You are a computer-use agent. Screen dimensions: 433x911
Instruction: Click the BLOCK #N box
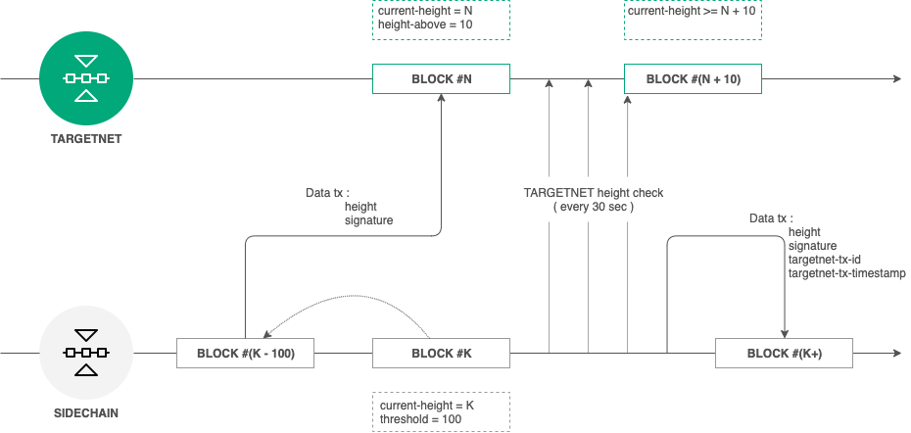(441, 78)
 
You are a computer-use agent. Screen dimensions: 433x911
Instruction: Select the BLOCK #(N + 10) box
(693, 78)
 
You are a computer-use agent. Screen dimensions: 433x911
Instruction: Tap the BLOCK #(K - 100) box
(245, 353)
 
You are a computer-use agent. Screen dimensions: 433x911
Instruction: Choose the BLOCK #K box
(441, 353)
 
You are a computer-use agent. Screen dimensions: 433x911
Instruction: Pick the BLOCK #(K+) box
(784, 353)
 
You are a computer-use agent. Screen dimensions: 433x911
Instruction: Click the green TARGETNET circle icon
(85, 78)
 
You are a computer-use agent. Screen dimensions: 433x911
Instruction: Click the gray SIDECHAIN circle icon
(85, 352)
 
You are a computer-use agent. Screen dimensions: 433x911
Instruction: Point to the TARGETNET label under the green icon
(86, 139)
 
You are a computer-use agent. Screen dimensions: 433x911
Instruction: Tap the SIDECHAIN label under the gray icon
(86, 412)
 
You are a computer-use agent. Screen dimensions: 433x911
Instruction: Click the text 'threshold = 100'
(420, 419)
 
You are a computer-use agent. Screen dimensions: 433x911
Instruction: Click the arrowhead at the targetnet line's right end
(895, 78)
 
